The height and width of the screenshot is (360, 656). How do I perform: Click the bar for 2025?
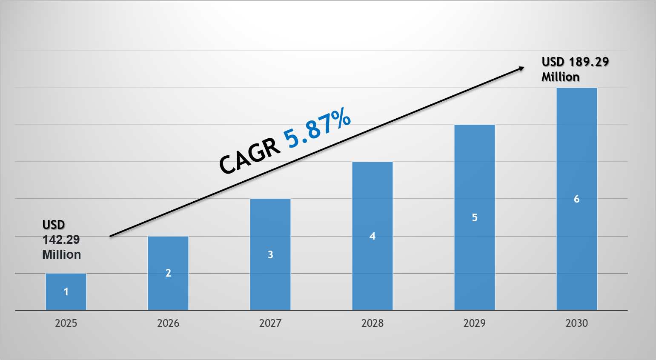pos(66,291)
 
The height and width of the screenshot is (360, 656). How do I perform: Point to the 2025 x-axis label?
pos(66,323)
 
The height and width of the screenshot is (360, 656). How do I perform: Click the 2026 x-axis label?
pos(168,323)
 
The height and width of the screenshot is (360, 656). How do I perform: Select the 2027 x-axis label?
pos(270,323)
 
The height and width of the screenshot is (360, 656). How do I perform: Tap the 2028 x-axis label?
pos(372,323)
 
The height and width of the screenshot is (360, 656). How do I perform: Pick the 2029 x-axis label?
pos(475,323)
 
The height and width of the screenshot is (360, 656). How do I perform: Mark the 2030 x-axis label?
pos(577,323)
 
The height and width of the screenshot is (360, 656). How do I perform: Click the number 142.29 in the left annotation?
pos(61,240)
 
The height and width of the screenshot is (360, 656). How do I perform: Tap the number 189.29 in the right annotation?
pos(589,62)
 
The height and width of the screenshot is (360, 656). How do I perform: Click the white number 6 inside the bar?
pos(577,199)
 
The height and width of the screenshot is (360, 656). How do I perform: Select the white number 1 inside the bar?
pos(66,292)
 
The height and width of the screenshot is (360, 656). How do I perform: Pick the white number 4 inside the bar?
pos(372,236)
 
